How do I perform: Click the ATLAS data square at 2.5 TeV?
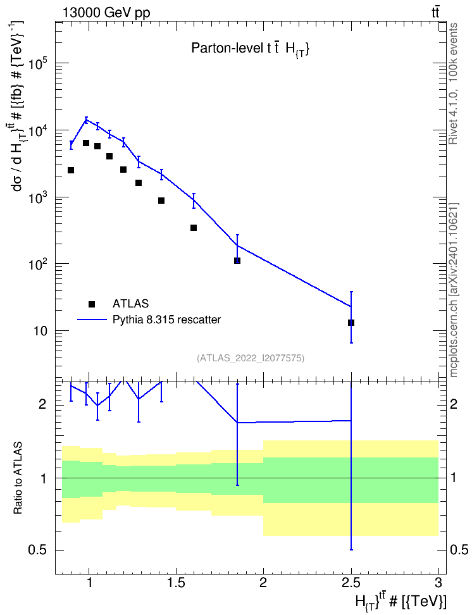[x=351, y=323]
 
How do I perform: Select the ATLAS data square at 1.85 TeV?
[x=237, y=261]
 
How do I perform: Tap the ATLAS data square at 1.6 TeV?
[x=194, y=228]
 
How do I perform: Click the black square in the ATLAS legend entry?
[x=92, y=304]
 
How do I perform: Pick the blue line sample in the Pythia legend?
[x=92, y=320]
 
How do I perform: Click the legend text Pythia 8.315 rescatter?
[x=167, y=320]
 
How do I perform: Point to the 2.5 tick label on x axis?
[x=351, y=583]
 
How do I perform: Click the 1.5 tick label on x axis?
[x=176, y=583]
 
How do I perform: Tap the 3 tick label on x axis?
[x=438, y=583]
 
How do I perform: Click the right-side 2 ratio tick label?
[x=454, y=404]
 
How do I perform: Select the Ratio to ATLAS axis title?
[x=18, y=478]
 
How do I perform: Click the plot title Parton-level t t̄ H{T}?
[x=251, y=49]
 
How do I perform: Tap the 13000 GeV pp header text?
[x=106, y=13]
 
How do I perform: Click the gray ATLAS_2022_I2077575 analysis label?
[x=251, y=358]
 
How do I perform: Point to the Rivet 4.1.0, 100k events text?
[x=453, y=84]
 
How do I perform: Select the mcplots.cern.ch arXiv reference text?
[x=454, y=290]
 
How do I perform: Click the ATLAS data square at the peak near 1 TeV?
[x=86, y=143]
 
